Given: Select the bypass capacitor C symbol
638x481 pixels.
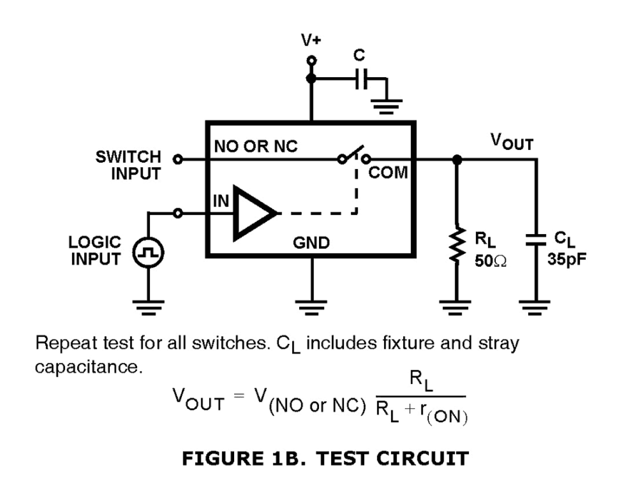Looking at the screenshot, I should click(x=361, y=80).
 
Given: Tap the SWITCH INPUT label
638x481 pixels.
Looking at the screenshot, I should click(x=128, y=165).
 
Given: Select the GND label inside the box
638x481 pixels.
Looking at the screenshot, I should click(x=311, y=243).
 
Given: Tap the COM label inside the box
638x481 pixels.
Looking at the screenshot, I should click(x=388, y=173).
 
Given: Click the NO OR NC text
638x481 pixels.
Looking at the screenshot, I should click(x=255, y=146).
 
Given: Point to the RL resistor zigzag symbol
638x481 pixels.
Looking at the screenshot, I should click(x=457, y=246).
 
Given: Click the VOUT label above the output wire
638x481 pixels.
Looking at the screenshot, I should click(x=512, y=142).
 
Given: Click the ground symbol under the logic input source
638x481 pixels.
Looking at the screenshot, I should click(x=148, y=306).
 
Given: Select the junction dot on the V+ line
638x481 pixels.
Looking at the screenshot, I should click(x=311, y=79).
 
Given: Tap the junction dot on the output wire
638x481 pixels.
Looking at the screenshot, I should click(x=457, y=159).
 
